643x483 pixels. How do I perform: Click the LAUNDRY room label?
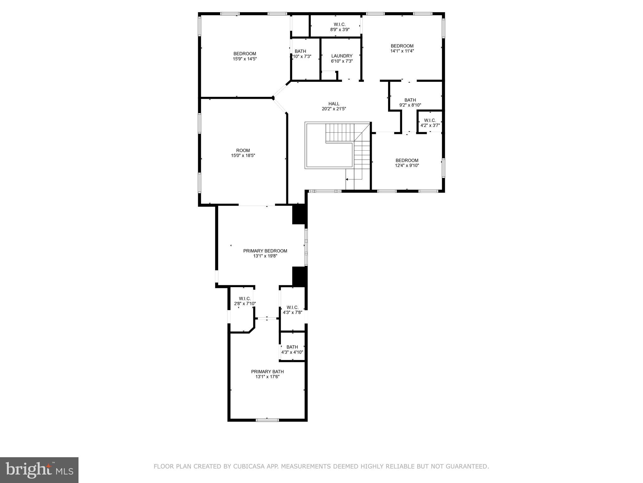(x=342, y=56)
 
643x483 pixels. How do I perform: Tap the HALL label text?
(x=334, y=104)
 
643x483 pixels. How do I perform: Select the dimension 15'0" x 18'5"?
(x=243, y=155)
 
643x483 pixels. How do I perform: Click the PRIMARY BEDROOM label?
(x=265, y=251)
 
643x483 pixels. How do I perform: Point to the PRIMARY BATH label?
(x=267, y=372)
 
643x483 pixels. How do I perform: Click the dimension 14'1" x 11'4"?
(x=402, y=51)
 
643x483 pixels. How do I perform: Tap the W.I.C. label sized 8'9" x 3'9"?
(x=339, y=25)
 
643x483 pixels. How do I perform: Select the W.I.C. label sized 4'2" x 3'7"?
(x=430, y=120)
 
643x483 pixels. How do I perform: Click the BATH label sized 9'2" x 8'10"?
(x=410, y=100)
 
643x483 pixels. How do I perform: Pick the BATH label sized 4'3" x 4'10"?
(x=292, y=347)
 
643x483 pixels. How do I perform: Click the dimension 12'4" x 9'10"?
(x=407, y=165)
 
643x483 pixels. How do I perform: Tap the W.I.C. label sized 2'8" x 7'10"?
(x=245, y=298)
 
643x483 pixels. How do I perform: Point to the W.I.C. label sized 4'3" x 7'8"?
(x=292, y=307)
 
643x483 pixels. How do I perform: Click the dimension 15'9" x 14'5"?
(x=245, y=59)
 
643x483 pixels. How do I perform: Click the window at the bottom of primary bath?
(x=267, y=420)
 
